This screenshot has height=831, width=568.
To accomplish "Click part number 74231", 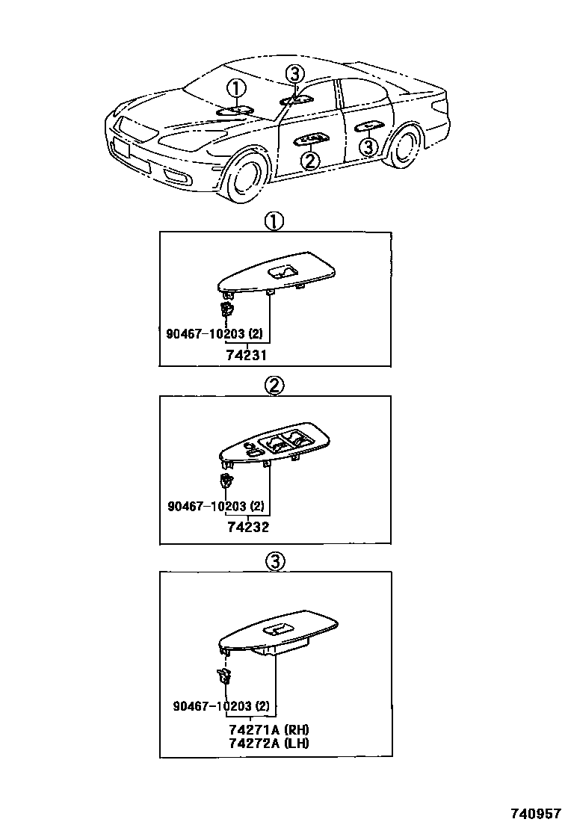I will pos(247,356).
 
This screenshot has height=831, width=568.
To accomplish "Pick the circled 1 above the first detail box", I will pos(274,221).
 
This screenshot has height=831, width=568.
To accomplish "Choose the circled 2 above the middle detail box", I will pos(274,386).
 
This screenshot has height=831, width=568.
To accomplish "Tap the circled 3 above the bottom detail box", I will pos(274,561).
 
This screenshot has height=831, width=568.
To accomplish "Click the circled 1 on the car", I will pos(236,90).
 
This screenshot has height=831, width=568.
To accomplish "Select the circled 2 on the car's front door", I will pos(310,160).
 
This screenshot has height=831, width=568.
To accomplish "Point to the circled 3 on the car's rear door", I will pos(368,147).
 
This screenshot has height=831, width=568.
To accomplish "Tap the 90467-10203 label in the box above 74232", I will pos(215,506).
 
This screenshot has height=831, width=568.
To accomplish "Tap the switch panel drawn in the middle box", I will pos(277,448).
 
